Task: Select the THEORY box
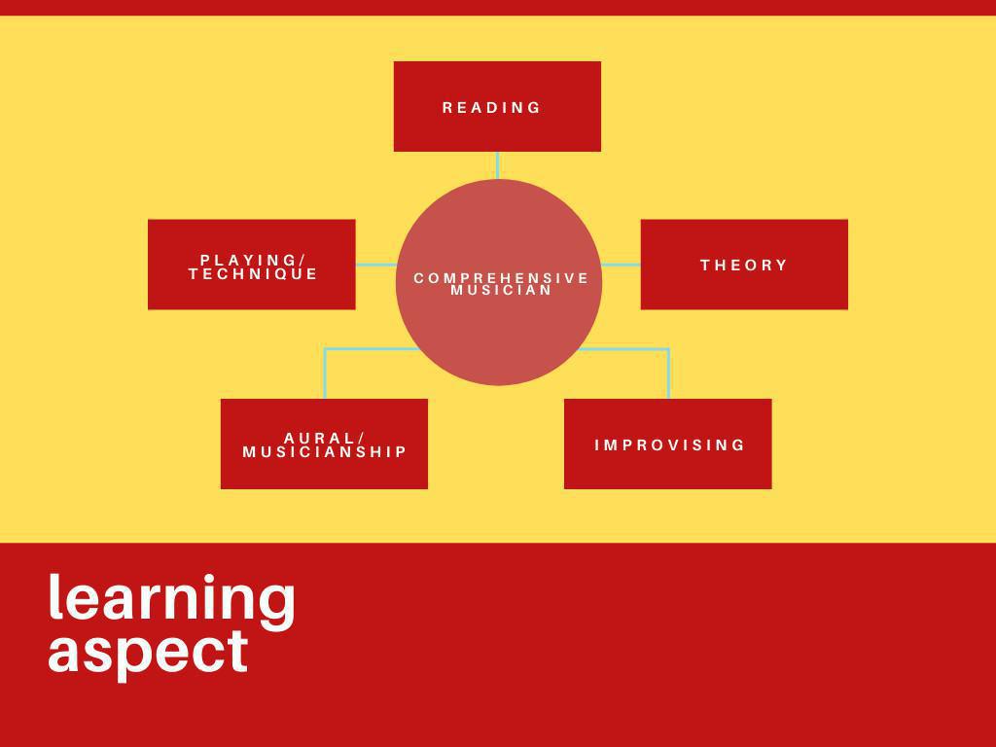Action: (x=744, y=288)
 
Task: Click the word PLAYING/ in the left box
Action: (x=253, y=260)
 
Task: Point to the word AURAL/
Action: (x=325, y=438)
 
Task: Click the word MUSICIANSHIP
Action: (x=325, y=452)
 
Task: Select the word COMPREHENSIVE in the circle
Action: (x=502, y=278)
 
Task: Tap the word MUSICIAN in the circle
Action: (x=502, y=291)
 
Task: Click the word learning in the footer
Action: (x=171, y=597)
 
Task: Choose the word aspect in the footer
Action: (x=148, y=651)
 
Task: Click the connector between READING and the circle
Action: (x=498, y=164)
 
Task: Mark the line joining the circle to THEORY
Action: (x=621, y=265)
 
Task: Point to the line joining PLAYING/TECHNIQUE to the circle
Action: (x=375, y=265)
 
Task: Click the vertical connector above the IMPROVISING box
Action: (x=668, y=374)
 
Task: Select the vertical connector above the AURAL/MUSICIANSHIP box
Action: (x=325, y=374)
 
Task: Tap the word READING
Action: (x=492, y=108)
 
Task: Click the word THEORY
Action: (x=744, y=265)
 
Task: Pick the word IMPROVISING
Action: (x=670, y=445)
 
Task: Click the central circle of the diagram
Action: (x=499, y=331)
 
